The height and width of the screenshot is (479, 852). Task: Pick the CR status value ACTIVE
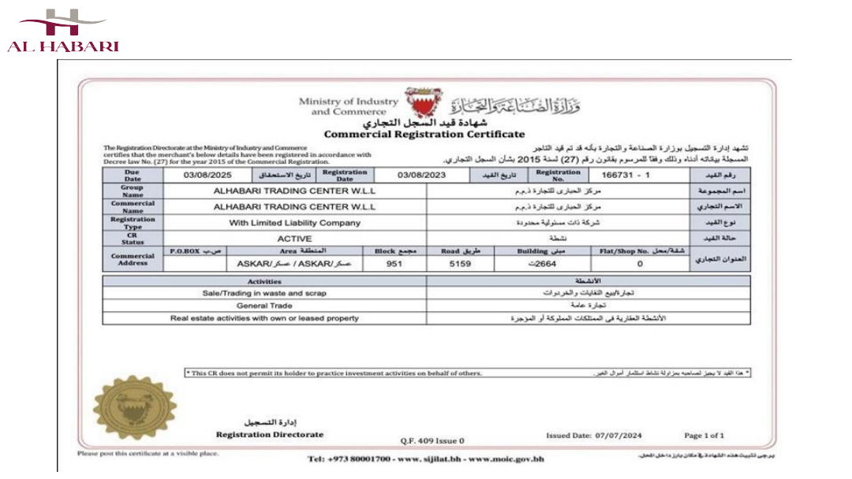pyautogui.click(x=294, y=238)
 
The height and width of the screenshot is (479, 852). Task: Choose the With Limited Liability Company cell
pyautogui.click(x=294, y=223)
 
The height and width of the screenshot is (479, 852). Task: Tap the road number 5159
pyautogui.click(x=459, y=264)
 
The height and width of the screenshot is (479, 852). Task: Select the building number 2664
pyautogui.click(x=544, y=264)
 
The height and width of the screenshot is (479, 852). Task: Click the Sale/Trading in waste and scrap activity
pyautogui.click(x=264, y=292)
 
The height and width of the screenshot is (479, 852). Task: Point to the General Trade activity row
pyautogui.click(x=264, y=305)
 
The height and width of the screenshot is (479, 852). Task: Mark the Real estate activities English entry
pyautogui.click(x=264, y=318)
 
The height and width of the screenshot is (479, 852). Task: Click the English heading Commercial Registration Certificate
pyautogui.click(x=424, y=135)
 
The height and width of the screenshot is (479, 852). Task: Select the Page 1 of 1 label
pyautogui.click(x=704, y=435)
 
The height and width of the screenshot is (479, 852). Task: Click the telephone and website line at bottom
pyautogui.click(x=425, y=459)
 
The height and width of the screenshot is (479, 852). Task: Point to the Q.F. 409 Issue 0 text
pyautogui.click(x=432, y=440)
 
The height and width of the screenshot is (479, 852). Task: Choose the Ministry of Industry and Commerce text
pyautogui.click(x=349, y=106)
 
